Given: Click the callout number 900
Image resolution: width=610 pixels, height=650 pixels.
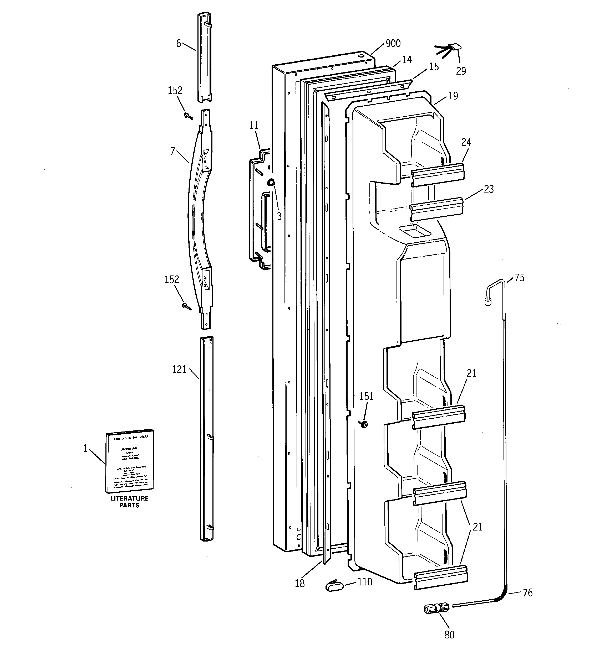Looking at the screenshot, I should pos(393,44).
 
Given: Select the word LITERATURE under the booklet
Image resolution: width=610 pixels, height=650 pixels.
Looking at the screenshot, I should pos(129,498).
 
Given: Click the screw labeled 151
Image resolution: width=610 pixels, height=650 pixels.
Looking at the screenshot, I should pos(363,424).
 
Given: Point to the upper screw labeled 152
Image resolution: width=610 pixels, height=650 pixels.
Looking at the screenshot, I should pos(188,116).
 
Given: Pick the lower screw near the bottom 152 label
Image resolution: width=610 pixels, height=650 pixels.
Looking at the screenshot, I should pos(187,306).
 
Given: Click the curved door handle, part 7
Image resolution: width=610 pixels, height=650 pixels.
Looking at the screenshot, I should pos(198,219).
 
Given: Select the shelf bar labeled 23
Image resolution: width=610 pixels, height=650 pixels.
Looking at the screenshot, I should pos(436,209).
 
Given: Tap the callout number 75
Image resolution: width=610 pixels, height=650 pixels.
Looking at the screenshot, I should pos(519,278).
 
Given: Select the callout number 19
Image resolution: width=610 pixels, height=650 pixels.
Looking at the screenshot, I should pos(453,96).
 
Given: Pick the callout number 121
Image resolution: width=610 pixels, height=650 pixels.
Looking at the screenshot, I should pos(179,370).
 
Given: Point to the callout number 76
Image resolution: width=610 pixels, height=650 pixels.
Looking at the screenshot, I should pos(527,592).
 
